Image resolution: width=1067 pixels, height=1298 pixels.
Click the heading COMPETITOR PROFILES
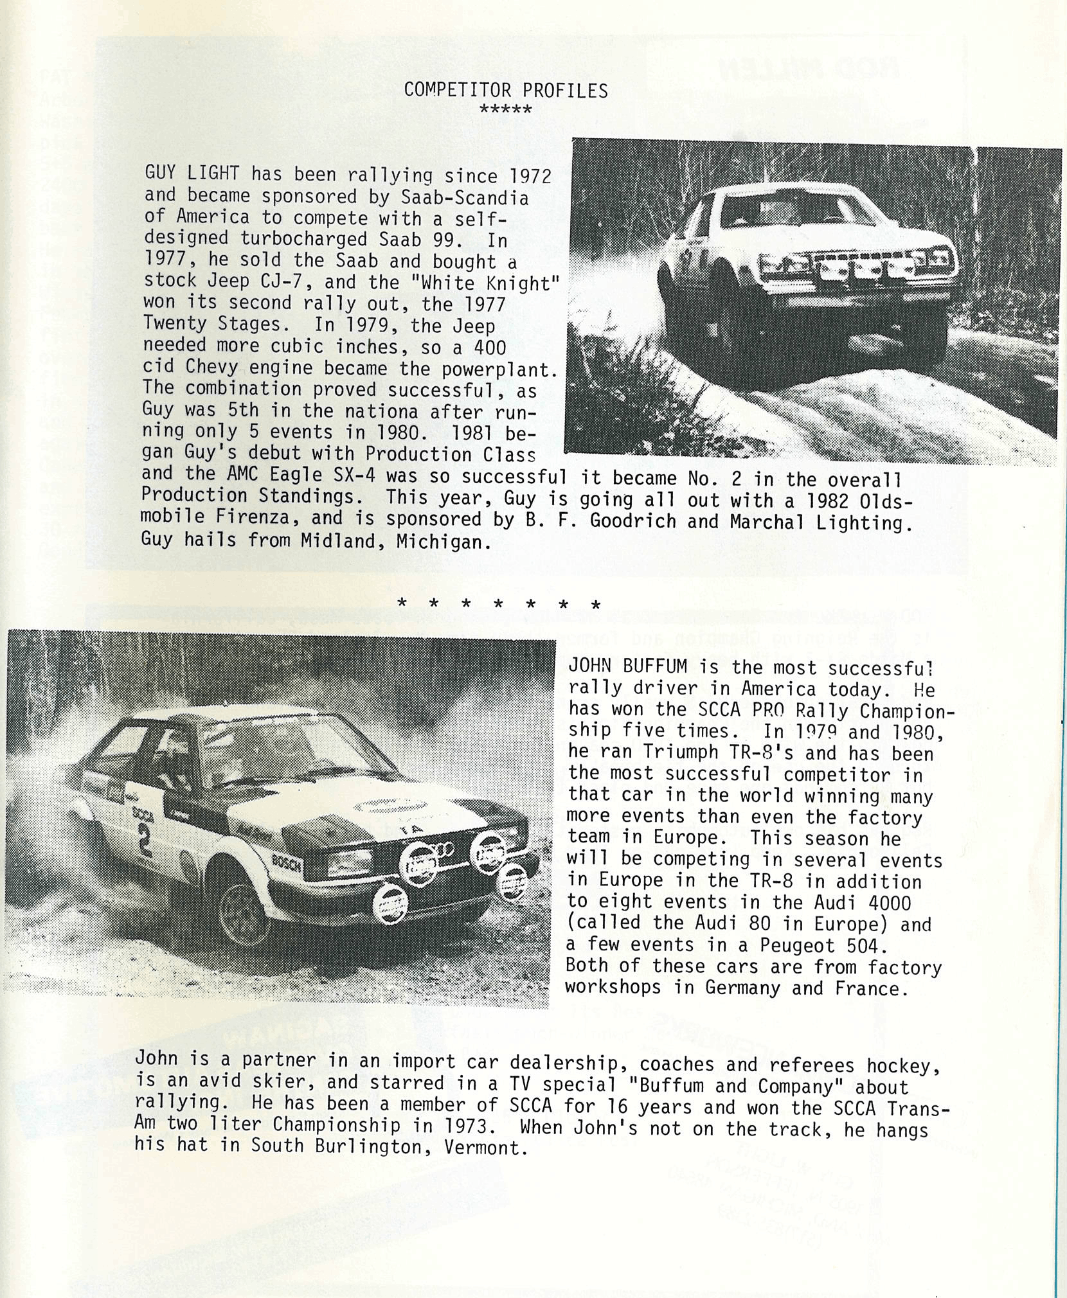pos(506,91)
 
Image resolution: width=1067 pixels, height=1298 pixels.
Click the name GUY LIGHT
pos(192,173)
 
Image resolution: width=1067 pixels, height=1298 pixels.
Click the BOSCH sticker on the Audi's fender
pos(287,864)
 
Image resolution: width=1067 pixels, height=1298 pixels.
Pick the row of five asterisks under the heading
pos(506,110)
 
